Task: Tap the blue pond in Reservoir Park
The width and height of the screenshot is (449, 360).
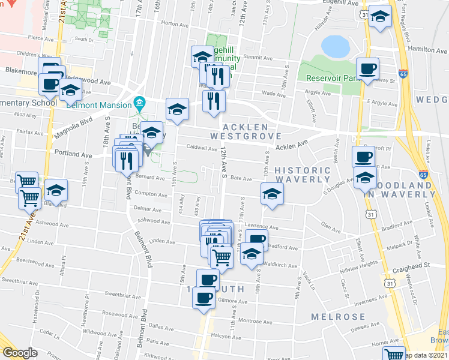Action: point(335,46)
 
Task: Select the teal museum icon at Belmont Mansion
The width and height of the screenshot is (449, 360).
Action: point(140,102)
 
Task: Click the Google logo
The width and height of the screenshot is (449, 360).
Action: point(20,352)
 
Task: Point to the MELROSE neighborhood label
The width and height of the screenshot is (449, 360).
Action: point(338,317)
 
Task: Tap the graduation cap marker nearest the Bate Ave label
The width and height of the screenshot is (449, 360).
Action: point(272,194)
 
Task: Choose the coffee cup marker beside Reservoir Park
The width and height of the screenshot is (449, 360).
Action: point(367,68)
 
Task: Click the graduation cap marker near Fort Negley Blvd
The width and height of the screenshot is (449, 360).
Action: point(380,17)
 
